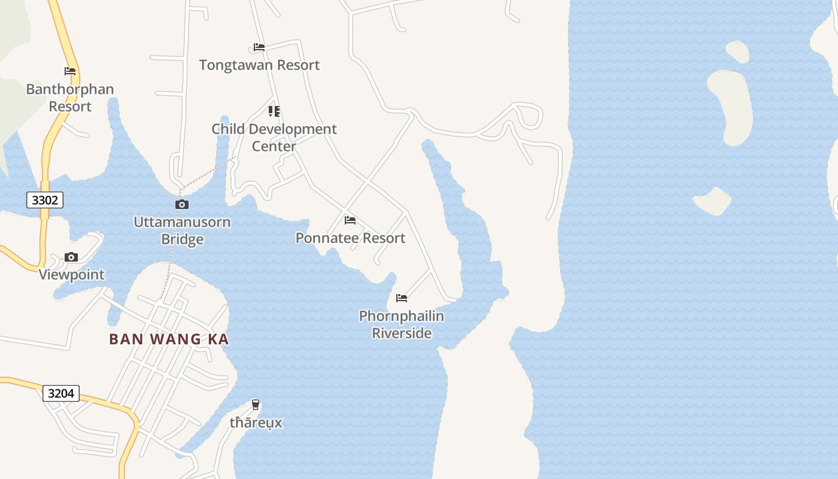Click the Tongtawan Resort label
tap(259, 65)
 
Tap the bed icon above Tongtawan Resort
tap(259, 47)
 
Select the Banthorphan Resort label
tap(70, 98)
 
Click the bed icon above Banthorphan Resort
tap(70, 71)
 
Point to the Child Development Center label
tap(274, 137)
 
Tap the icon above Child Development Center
tap(274, 111)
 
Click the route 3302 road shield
tap(45, 200)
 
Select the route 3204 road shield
tap(61, 393)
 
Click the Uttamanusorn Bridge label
tap(182, 231)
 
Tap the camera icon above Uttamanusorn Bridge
tap(182, 205)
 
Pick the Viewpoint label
tap(72, 275)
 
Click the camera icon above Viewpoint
tap(71, 257)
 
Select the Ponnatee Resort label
tap(350, 238)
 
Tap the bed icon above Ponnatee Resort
tap(350, 221)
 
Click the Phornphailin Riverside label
tap(402, 324)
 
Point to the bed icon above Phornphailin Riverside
tap(402, 298)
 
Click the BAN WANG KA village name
tap(169, 339)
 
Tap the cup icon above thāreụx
tap(256, 405)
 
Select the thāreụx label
tap(256, 423)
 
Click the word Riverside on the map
tap(402, 333)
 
